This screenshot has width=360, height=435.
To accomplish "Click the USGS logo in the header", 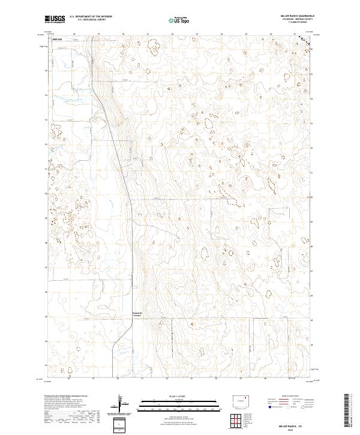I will (55, 20).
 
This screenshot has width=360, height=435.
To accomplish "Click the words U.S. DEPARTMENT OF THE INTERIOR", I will (91, 17).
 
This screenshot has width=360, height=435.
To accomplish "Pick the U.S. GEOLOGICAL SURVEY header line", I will (91, 20).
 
